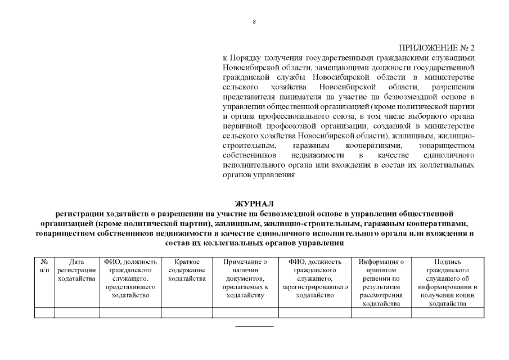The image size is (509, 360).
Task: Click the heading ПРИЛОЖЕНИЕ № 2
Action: [x=436, y=48]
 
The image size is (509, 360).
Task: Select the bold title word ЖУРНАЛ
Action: [x=254, y=203]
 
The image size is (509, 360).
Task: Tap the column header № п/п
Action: [x=44, y=265]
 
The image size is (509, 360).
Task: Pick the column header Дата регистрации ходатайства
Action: [x=76, y=270]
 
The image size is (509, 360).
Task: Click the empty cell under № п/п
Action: [x=44, y=313]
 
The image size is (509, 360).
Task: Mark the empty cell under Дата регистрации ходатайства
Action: [x=76, y=313]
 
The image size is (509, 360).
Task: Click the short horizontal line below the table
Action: [x=254, y=326]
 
